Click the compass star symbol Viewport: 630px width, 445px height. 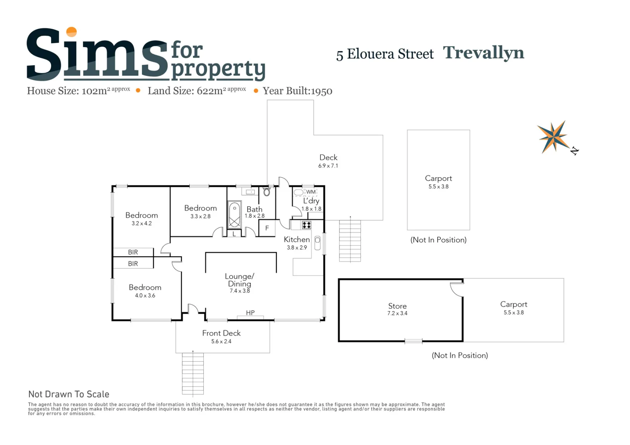pyautogui.click(x=553, y=137)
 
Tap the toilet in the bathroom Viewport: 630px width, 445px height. pyautogui.click(x=267, y=192)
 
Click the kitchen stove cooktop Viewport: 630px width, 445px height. pyautogui.click(x=306, y=225)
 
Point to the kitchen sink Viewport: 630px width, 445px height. pyautogui.click(x=318, y=243)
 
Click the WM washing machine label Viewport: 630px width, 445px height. pyautogui.click(x=311, y=192)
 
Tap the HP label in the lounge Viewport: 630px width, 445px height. pyautogui.click(x=250, y=313)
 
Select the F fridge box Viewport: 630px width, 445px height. pyautogui.click(x=267, y=228)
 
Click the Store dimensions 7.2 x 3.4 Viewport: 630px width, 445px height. pyautogui.click(x=397, y=313)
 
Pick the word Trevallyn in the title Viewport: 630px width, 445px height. pyautogui.click(x=484, y=53)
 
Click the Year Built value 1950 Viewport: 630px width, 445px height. pyautogui.click(x=321, y=91)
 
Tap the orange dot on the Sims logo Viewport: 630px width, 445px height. pyautogui.click(x=71, y=32)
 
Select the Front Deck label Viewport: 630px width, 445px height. pyautogui.click(x=221, y=333)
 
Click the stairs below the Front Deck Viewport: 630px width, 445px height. pyautogui.click(x=193, y=373)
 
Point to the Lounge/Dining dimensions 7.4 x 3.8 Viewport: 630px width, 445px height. pyautogui.click(x=240, y=291)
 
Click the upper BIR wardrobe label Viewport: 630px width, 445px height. pyautogui.click(x=133, y=252)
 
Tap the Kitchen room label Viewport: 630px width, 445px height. pyautogui.click(x=297, y=240)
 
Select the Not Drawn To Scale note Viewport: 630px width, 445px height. pyautogui.click(x=69, y=394)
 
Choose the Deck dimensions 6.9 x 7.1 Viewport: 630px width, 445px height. pyautogui.click(x=328, y=166)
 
